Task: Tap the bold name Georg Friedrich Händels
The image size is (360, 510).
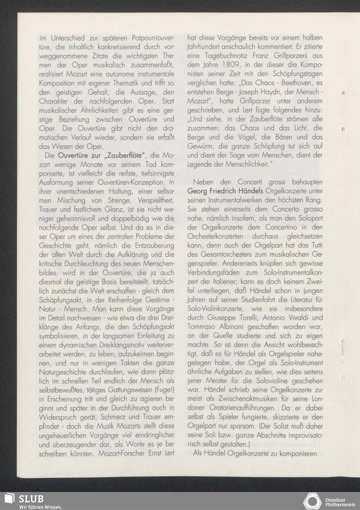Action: (x=225, y=191)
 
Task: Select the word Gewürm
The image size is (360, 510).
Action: (x=199, y=146)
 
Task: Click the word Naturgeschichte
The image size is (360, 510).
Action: (x=61, y=372)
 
